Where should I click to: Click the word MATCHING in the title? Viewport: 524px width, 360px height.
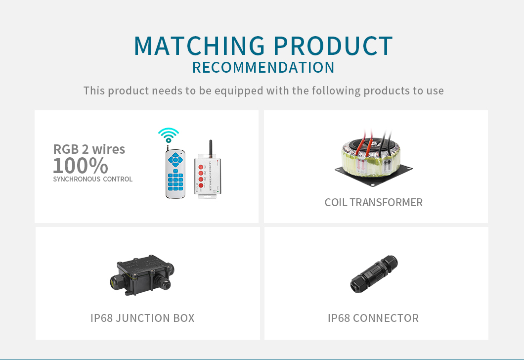[199, 46]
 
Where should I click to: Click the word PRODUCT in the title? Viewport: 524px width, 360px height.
[333, 46]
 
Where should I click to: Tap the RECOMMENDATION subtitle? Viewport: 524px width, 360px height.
[263, 68]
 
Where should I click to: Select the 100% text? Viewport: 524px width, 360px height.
[81, 166]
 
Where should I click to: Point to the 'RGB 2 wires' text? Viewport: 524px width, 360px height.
[89, 149]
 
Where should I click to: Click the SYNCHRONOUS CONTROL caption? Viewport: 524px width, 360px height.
[93, 179]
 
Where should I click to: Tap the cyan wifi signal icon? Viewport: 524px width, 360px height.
[169, 135]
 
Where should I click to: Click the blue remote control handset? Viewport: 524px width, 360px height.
[175, 173]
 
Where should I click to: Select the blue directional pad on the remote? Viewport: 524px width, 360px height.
[175, 160]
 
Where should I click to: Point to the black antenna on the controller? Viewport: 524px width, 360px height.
[211, 148]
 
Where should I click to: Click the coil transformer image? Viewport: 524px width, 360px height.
[374, 157]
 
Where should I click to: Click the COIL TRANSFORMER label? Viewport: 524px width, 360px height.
[374, 203]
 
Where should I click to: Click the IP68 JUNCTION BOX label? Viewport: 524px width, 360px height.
[142, 318]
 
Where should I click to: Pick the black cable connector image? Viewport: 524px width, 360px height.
[374, 274]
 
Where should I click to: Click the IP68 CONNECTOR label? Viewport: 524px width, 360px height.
[373, 318]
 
